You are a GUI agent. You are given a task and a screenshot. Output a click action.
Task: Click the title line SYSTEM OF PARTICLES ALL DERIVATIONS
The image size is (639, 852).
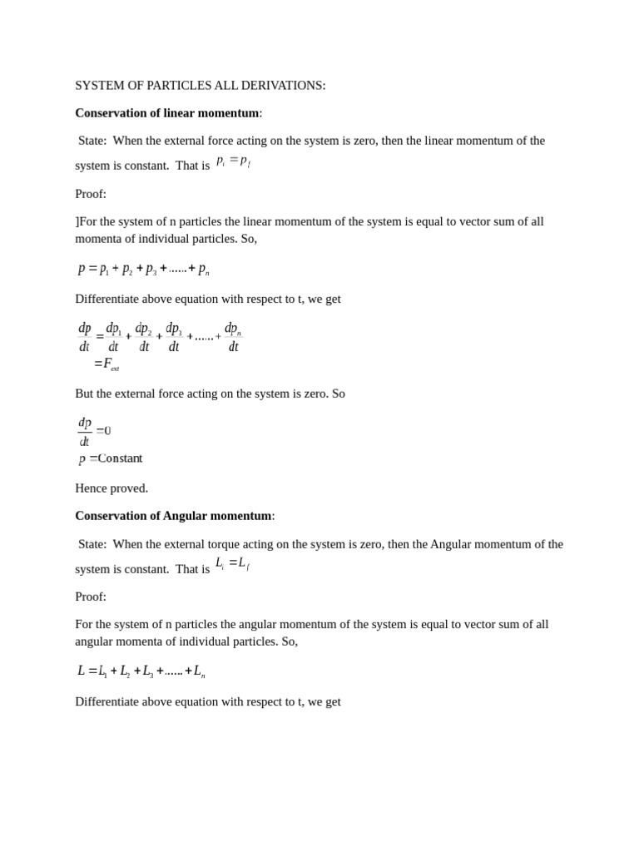(200, 86)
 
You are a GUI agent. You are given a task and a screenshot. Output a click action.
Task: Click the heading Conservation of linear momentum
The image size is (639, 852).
(167, 113)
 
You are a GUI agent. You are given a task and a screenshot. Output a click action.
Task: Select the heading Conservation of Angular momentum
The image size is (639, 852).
(173, 516)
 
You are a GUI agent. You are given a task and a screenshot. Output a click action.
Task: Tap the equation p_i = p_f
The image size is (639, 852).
(233, 161)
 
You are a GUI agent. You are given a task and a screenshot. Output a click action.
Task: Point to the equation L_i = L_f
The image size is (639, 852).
(232, 564)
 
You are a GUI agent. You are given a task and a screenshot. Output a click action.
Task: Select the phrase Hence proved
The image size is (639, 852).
(111, 488)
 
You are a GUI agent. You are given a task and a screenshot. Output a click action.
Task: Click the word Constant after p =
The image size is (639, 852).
(121, 458)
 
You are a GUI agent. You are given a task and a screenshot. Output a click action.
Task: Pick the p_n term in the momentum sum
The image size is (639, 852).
(204, 269)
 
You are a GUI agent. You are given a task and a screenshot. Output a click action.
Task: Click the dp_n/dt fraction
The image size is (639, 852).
(233, 337)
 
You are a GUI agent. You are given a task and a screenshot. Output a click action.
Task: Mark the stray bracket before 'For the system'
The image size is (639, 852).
(77, 221)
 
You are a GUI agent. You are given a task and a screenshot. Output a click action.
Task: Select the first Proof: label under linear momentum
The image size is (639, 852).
(91, 194)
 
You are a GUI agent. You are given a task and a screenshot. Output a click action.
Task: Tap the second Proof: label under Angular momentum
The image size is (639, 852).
(91, 597)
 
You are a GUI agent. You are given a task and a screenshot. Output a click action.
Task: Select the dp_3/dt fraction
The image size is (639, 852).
(174, 337)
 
